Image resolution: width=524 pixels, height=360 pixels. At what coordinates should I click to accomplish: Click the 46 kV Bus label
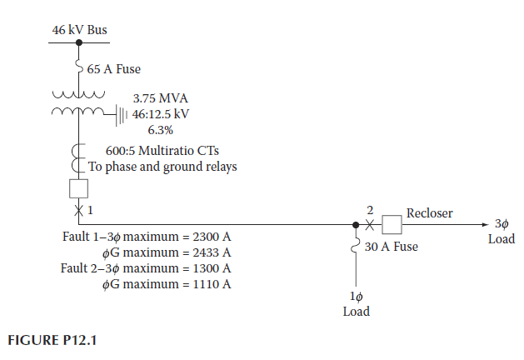(79, 30)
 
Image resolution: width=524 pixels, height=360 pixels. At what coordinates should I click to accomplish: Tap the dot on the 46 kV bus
(79, 42)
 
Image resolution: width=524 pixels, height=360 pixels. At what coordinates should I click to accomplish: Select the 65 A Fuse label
(113, 69)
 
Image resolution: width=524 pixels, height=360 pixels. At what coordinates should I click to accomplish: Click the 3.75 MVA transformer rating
(161, 98)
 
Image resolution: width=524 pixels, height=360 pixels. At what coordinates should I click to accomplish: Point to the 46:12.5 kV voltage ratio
(161, 114)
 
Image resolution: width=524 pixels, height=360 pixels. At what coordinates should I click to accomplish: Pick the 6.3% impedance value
(161, 130)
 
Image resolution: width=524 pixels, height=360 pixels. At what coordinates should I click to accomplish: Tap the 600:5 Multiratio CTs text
(162, 151)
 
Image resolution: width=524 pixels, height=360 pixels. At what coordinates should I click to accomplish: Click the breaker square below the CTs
(79, 188)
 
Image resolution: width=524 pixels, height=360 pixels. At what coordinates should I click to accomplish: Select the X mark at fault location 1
(79, 211)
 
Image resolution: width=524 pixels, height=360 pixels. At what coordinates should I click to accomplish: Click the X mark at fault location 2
(369, 225)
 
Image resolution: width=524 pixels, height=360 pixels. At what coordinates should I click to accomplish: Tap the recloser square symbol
(392, 225)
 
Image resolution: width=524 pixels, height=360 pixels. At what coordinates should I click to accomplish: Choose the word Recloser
(429, 213)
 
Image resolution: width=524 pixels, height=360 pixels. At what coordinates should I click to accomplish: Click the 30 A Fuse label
(391, 247)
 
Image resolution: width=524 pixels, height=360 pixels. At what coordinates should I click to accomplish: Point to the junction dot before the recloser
(356, 225)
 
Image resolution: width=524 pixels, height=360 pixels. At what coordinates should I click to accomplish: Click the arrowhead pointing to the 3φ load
(485, 225)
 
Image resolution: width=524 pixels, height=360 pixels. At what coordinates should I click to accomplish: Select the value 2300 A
(212, 237)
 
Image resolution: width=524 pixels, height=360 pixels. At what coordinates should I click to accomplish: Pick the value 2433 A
(212, 252)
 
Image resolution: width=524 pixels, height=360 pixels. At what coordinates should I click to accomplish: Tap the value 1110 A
(212, 284)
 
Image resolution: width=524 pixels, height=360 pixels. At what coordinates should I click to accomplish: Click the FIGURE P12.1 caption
(52, 340)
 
